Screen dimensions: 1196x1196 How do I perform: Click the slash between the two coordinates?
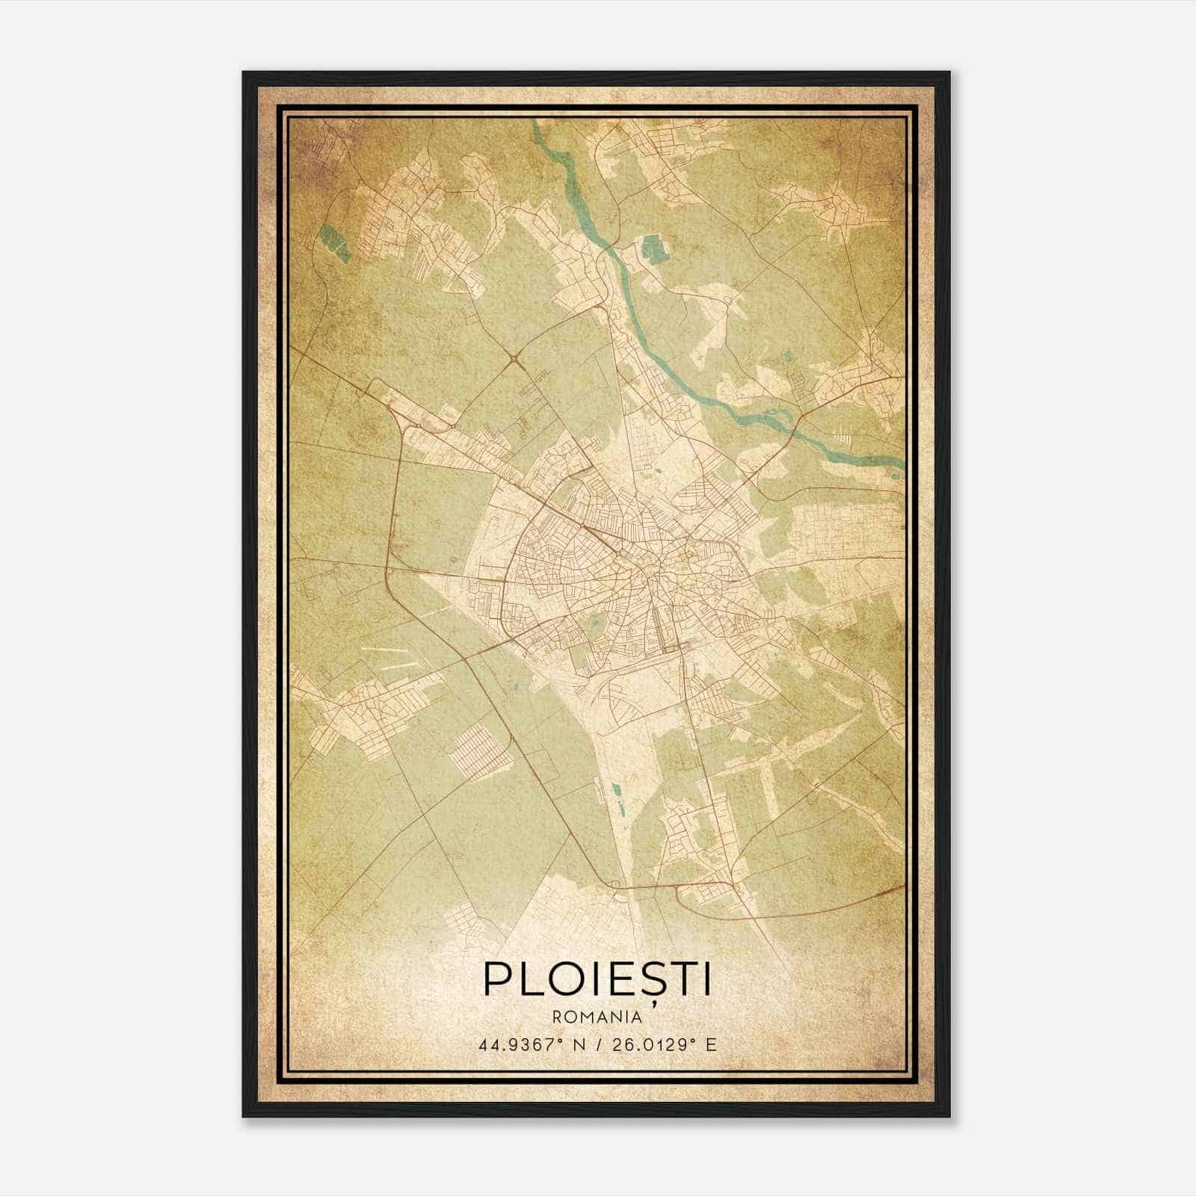(597, 1044)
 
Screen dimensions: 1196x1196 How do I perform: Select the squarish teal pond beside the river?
(654, 248)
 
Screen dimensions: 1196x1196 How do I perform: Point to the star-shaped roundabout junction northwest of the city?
(515, 361)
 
